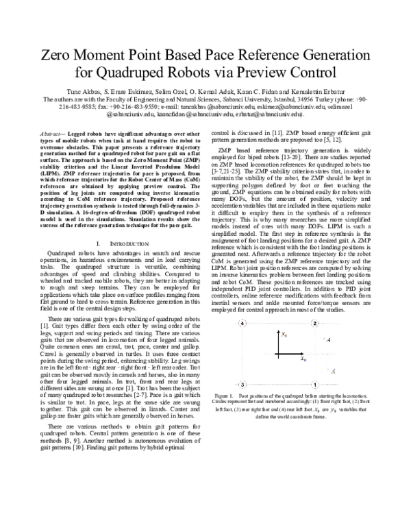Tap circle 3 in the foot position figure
[x=244, y=383]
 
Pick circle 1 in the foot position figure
[x=313, y=383]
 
